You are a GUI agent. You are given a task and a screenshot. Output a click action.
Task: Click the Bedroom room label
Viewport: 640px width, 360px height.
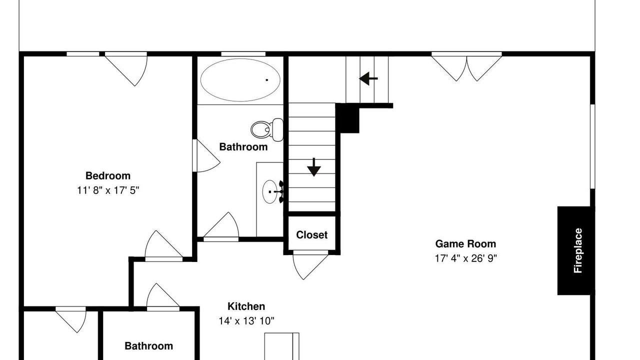(x=108, y=175)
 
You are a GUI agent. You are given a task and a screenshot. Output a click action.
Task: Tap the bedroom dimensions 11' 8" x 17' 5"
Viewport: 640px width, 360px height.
(x=108, y=190)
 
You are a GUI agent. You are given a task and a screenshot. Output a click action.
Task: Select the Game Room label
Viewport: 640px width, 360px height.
(x=465, y=244)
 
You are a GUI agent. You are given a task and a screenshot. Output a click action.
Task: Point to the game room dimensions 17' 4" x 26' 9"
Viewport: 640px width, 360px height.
(x=465, y=258)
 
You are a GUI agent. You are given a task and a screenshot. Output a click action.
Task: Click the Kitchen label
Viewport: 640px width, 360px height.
(x=246, y=306)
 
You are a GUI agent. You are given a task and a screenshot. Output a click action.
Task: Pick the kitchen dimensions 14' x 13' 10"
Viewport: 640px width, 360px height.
(x=246, y=321)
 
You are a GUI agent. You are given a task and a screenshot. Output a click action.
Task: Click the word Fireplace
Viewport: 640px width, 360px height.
(x=578, y=250)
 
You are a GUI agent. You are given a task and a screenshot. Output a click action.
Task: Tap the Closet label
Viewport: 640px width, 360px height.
(x=311, y=235)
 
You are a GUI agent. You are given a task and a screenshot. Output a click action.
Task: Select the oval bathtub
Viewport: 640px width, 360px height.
(x=240, y=80)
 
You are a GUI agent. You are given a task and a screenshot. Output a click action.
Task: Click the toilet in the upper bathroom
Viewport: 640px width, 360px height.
(x=267, y=129)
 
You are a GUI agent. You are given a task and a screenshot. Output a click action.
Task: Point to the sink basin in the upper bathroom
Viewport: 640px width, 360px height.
(x=270, y=191)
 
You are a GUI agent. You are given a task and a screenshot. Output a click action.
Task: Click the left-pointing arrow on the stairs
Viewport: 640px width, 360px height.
(x=368, y=78)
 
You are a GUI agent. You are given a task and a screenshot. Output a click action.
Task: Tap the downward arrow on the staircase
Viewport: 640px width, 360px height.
(x=314, y=167)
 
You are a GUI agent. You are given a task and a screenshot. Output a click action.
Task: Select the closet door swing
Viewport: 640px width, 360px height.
(x=310, y=265)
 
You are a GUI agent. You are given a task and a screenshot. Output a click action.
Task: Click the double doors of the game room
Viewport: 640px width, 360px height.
(x=466, y=67)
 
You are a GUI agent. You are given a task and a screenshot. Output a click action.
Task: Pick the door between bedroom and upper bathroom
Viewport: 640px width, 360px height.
(x=206, y=155)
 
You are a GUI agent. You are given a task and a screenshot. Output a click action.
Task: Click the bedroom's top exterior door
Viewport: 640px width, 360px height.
(x=126, y=70)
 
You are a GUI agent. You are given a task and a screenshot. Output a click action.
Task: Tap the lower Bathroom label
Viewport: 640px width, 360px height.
(x=149, y=346)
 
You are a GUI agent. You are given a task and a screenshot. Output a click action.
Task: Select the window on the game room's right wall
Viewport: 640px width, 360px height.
(x=592, y=146)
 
